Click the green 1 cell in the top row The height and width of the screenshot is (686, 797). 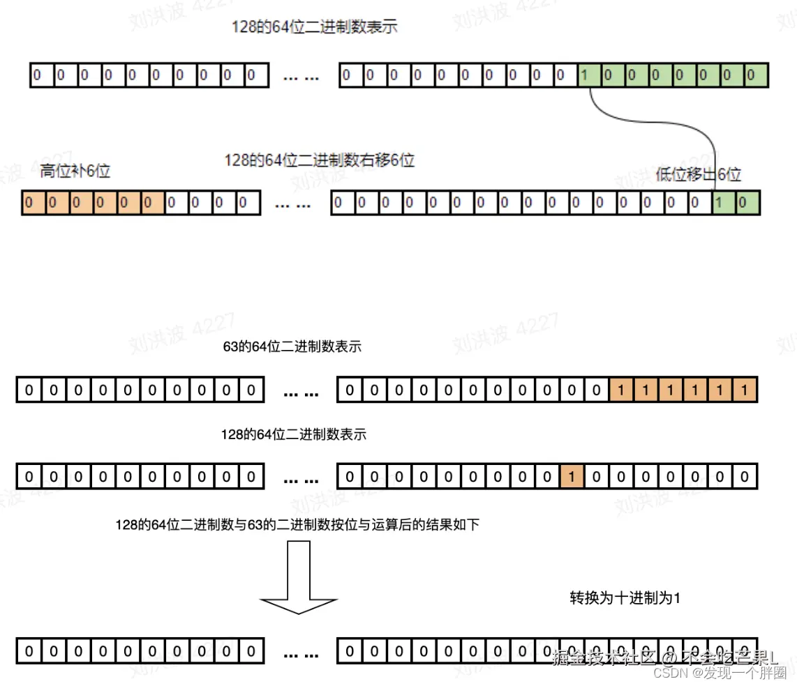(590, 75)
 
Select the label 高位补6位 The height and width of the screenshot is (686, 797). (75, 171)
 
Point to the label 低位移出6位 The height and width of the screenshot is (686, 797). (699, 174)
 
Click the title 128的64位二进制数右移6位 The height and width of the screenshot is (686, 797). (319, 160)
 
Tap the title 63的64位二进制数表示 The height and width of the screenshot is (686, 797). (292, 346)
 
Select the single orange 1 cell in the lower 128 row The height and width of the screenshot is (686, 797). (572, 477)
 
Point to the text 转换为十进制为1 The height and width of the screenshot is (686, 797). (625, 598)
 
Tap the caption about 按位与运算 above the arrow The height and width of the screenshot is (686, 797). (297, 525)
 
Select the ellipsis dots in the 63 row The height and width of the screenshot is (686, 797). (301, 392)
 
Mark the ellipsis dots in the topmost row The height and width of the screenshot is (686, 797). (301, 77)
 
